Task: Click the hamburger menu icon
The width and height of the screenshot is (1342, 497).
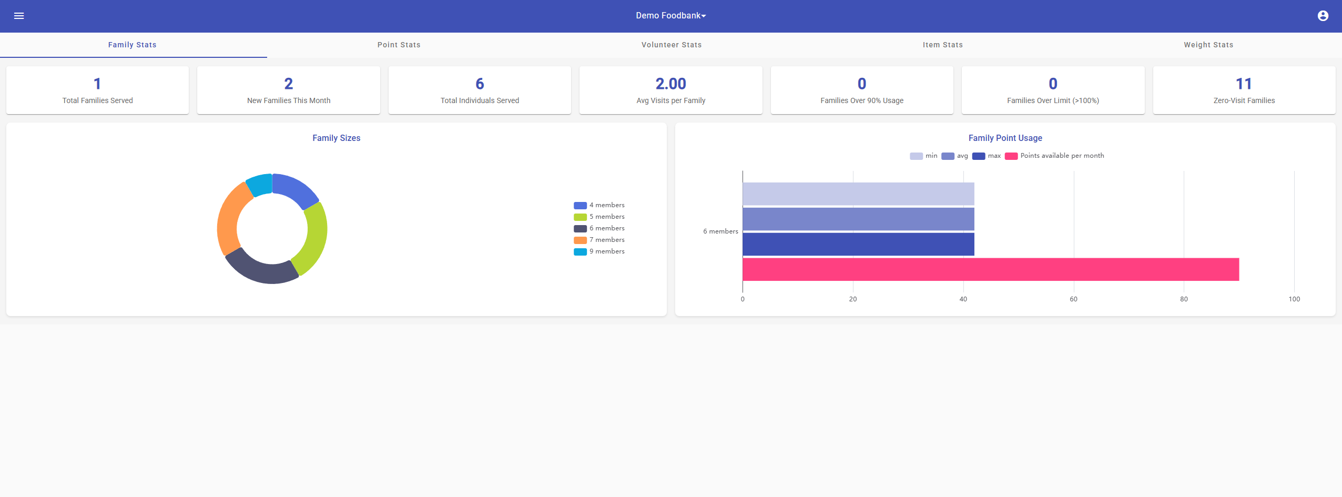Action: [19, 16]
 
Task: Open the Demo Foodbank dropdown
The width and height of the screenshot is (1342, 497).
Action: [670, 16]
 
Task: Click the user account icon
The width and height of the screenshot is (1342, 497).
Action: [1323, 16]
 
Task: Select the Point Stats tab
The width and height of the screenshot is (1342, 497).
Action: [399, 45]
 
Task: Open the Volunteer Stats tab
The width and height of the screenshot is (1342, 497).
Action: [671, 45]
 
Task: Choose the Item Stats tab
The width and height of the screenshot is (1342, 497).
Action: [942, 45]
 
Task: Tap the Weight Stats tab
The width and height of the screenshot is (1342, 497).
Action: [1208, 45]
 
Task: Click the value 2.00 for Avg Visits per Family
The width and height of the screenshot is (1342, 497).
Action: [670, 84]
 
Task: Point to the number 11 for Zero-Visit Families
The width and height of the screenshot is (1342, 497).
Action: [1244, 84]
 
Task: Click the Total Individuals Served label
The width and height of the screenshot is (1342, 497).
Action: [480, 100]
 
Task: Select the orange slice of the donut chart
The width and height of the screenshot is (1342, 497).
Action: [229, 221]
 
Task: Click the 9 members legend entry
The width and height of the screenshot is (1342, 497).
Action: [599, 251]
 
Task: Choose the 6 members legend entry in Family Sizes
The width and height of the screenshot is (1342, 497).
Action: [599, 228]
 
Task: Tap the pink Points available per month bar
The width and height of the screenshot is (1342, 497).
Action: [989, 269]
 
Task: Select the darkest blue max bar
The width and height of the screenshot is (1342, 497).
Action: [857, 244]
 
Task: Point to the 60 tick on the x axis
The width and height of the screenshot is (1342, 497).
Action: [1073, 299]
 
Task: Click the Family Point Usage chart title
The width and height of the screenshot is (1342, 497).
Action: [1005, 138]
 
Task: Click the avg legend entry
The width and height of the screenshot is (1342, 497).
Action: [955, 156]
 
